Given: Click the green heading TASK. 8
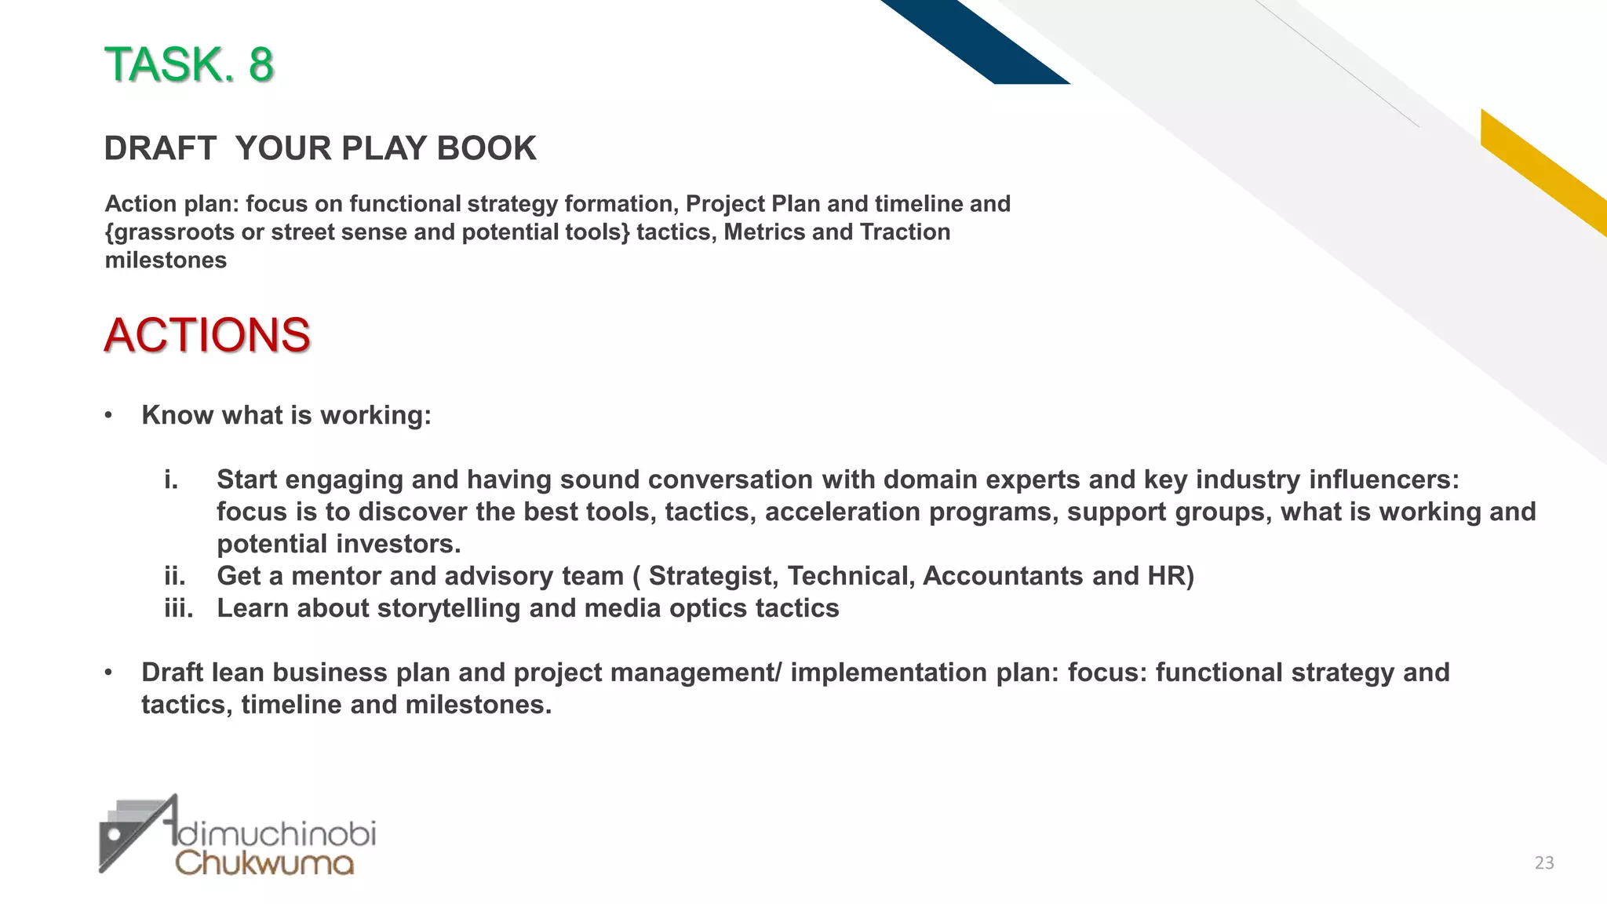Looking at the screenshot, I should [x=189, y=64].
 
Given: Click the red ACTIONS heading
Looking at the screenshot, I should [x=207, y=336].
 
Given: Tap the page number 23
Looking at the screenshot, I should [x=1544, y=863].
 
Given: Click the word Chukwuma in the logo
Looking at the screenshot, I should [x=264, y=862].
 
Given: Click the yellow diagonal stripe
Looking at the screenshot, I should [x=1542, y=171].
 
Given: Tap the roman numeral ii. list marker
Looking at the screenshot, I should [x=175, y=576].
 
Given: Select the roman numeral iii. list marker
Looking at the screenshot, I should [x=179, y=608].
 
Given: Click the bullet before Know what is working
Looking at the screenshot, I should [x=109, y=415].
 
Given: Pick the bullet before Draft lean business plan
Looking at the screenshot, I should [x=109, y=673].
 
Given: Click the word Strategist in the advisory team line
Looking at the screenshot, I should [x=712, y=576].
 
